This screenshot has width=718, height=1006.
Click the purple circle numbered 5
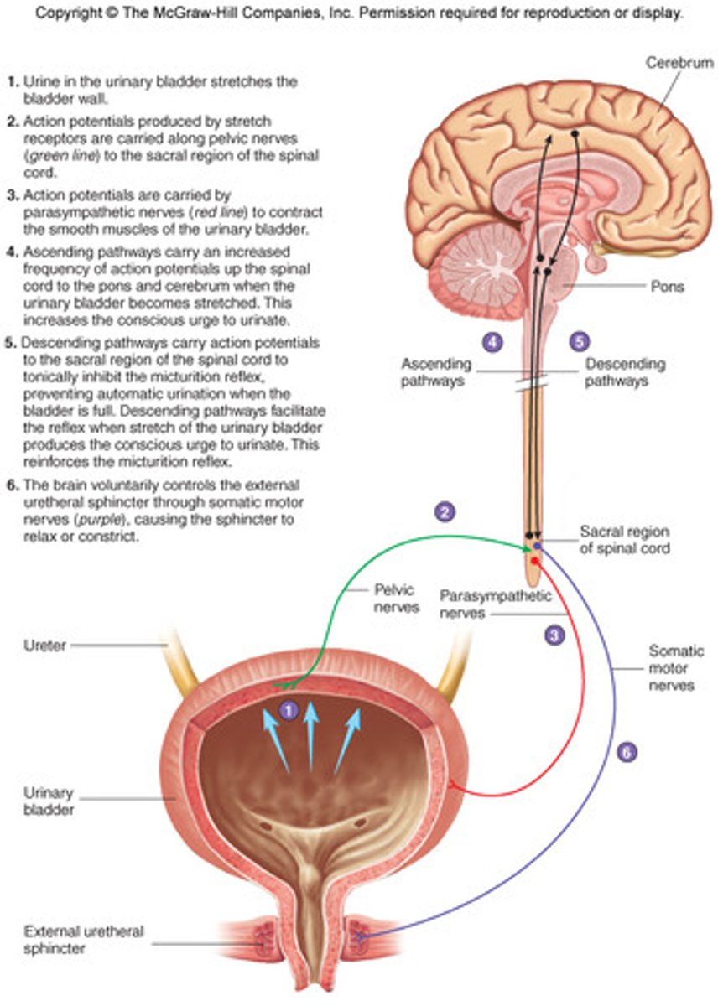pos(578,342)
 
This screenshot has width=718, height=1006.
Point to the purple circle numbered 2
pos(445,511)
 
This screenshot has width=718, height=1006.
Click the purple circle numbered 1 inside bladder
pos(288,711)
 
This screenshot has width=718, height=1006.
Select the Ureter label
pos(46,645)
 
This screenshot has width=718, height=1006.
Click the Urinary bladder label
pos(49,801)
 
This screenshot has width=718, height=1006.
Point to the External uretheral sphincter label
pos(72,940)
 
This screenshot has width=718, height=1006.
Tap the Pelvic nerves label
pos(396,599)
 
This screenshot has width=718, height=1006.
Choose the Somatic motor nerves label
pos(676,668)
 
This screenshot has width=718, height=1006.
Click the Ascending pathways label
pos(436,371)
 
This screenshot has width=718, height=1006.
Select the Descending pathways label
pos(625,371)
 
